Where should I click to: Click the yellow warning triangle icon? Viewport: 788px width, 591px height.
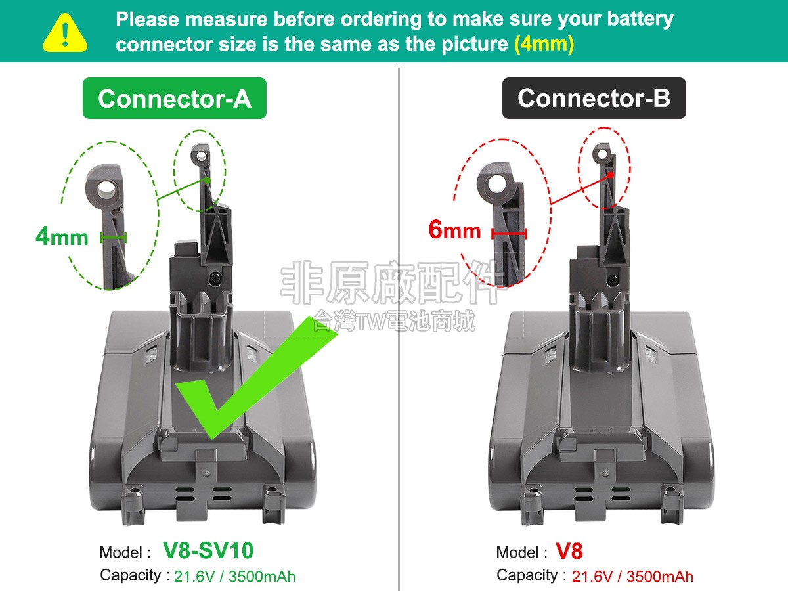(65, 33)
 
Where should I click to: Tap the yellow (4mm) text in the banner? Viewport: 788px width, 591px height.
(544, 44)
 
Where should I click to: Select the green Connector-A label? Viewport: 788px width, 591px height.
(175, 98)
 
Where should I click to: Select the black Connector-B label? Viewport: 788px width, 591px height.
(594, 98)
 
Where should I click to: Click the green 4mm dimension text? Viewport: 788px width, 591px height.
(62, 236)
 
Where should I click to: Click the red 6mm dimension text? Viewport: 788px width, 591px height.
(454, 230)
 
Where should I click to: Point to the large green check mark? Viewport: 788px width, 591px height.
(256, 377)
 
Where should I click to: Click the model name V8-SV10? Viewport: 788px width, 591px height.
(208, 550)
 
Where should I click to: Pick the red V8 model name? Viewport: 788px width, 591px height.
(569, 551)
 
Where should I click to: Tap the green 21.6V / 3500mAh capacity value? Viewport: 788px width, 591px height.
(235, 577)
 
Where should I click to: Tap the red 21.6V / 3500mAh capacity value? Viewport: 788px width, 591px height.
(632, 577)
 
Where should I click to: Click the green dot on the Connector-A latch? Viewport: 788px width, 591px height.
(207, 181)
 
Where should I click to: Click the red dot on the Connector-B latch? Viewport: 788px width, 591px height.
(610, 175)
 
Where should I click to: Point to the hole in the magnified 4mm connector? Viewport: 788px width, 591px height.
(106, 188)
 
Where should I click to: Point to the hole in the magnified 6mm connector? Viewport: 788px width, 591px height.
(496, 185)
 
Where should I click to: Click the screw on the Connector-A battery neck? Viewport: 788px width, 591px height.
(215, 277)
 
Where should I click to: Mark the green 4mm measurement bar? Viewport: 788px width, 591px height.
(114, 237)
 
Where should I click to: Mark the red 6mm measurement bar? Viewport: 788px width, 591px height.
(509, 234)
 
